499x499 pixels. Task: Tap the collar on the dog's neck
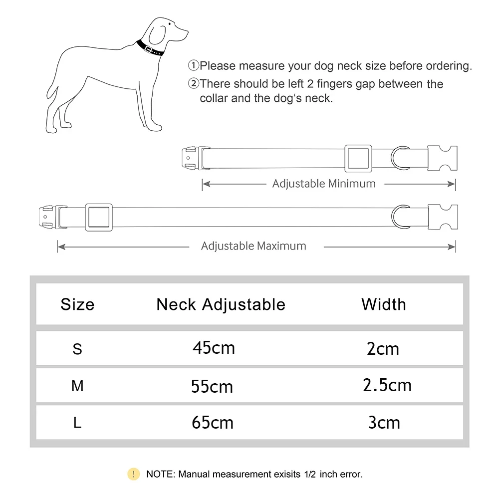click(150, 49)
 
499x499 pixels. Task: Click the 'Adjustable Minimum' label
click(324, 184)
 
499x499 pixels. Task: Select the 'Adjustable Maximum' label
click(253, 246)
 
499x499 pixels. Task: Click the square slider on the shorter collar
click(358, 158)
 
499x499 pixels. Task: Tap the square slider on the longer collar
click(98, 217)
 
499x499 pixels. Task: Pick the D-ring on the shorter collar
click(399, 158)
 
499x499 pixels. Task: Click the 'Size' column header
click(77, 304)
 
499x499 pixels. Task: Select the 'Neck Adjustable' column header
click(221, 304)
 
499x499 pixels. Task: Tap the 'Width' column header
click(384, 304)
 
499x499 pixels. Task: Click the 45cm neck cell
click(214, 348)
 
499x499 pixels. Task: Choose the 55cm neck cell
click(212, 386)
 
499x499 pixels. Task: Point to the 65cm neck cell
click(213, 423)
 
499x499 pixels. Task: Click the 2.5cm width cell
click(387, 385)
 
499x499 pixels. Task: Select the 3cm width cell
click(384, 423)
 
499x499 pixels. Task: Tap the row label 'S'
click(77, 349)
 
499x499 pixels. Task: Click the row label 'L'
click(77, 423)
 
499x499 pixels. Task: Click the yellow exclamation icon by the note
click(133, 474)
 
